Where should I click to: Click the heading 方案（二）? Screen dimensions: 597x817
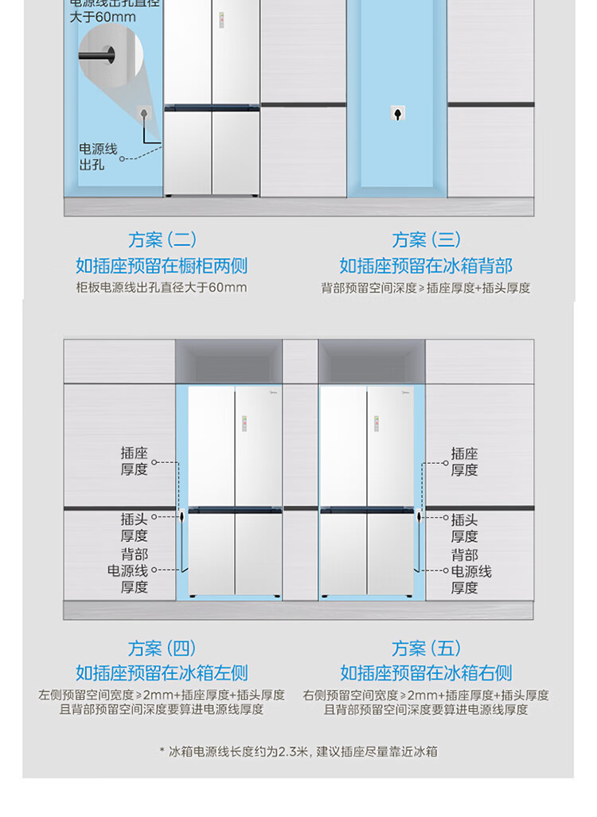point(162,239)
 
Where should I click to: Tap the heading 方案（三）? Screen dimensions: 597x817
point(426,239)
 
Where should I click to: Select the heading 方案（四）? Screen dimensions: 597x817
point(162,648)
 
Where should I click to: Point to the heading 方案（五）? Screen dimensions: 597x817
point(426,648)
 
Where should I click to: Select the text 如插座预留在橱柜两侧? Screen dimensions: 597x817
point(162,266)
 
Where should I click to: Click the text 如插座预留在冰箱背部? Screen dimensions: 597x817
point(426,266)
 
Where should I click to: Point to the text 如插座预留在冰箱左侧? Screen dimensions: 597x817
point(162,673)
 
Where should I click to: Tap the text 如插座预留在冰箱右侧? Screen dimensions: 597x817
point(426,673)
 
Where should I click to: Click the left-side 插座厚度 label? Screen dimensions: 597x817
point(135,461)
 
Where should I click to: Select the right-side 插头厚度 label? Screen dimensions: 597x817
point(464,527)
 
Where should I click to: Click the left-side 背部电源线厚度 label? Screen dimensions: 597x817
point(128,570)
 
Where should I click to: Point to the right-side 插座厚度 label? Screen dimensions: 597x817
point(464,461)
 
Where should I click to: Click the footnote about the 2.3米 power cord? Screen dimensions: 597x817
point(298,751)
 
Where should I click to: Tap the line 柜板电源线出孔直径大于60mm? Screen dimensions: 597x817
point(162,288)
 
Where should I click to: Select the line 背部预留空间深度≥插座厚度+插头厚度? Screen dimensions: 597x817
point(426,288)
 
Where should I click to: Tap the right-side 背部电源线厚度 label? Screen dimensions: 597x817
point(470,570)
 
